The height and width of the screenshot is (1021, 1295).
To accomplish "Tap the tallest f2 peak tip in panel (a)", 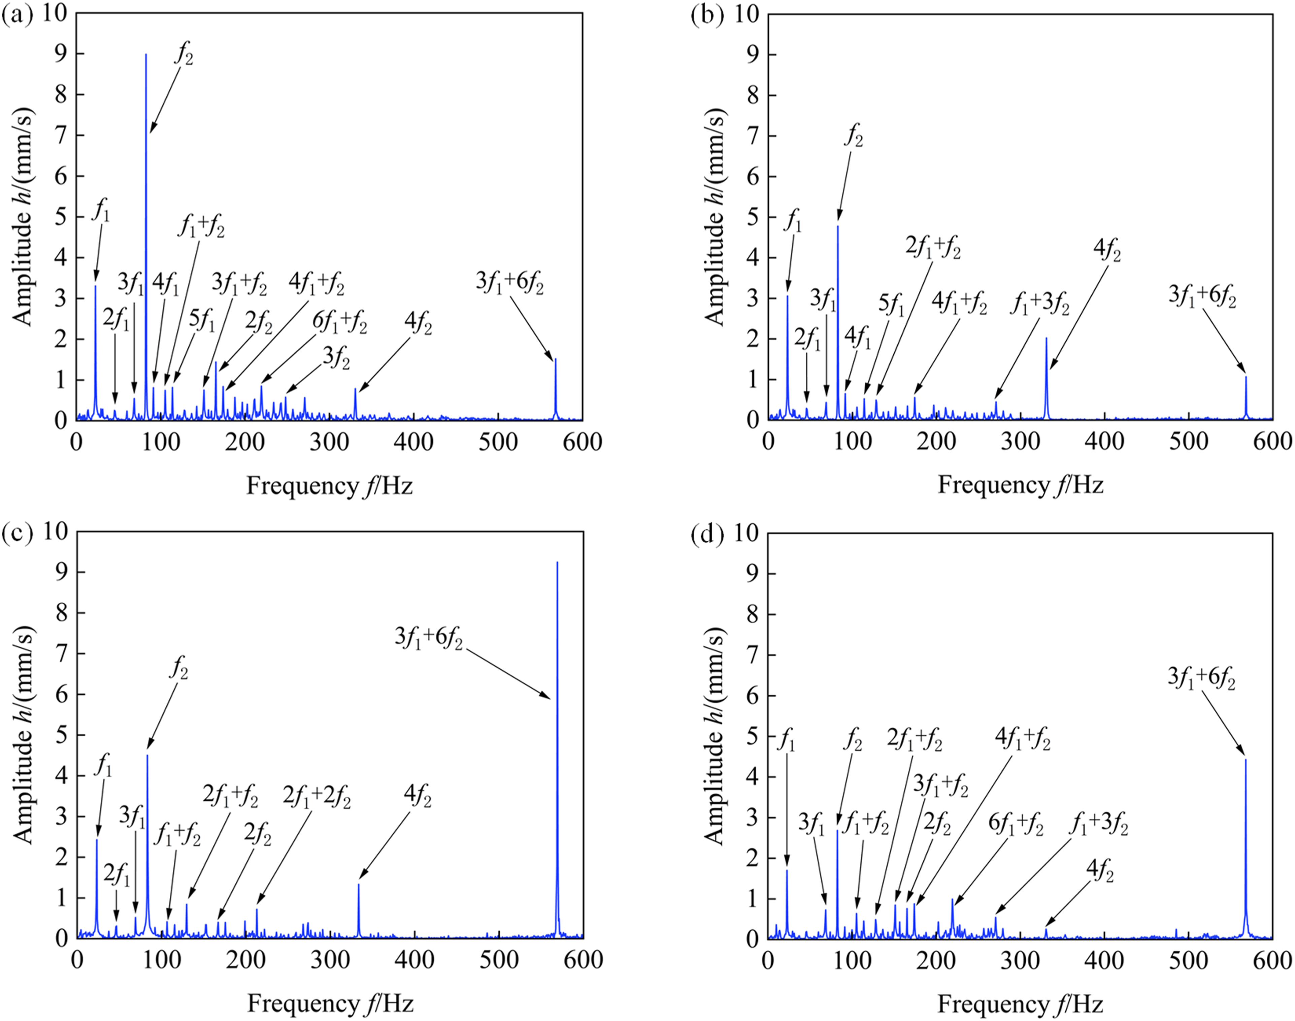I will tap(146, 54).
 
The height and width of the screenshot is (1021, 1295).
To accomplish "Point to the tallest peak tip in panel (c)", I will tap(557, 562).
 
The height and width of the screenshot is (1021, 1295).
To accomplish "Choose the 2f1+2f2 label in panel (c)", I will tap(317, 796).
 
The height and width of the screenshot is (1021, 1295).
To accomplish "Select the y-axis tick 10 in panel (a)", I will tap(55, 13).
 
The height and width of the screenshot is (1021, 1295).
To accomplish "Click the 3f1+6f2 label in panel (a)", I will tap(510, 282).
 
